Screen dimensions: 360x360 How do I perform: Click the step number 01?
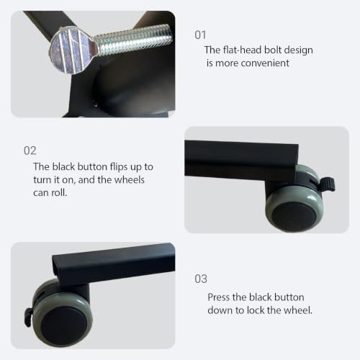pyautogui.click(x=200, y=35)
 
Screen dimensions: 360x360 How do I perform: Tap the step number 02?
pyautogui.click(x=30, y=150)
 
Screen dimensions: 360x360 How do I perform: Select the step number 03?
pyautogui.click(x=201, y=279)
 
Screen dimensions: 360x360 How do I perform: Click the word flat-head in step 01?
pyautogui.click(x=242, y=50)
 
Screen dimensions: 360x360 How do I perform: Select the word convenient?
pyautogui.click(x=265, y=63)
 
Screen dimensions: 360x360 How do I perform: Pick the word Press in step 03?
pyautogui.click(x=219, y=297)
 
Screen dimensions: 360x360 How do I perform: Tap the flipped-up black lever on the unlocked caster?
pyautogui.click(x=328, y=184)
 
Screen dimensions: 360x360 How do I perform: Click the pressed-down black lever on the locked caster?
pyautogui.click(x=28, y=317)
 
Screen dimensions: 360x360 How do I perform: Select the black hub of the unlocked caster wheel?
pyautogui.click(x=294, y=217)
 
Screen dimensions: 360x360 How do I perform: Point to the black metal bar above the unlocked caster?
pyautogui.click(x=241, y=160)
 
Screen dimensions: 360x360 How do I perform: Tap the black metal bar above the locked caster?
pyautogui.click(x=114, y=264)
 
